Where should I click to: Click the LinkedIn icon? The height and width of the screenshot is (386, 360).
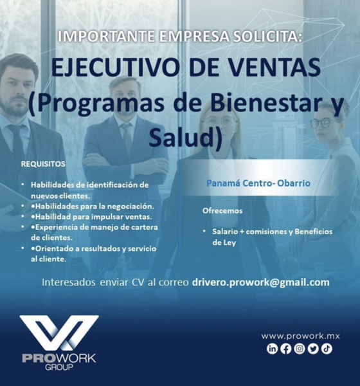pyautogui.click(x=272, y=349)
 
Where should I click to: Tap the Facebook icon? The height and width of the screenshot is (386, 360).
pyautogui.click(x=285, y=349)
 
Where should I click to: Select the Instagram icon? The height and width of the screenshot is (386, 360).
pyautogui.click(x=300, y=349)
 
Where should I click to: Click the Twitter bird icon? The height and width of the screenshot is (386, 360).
pyautogui.click(x=313, y=349)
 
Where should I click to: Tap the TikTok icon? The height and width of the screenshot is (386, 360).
pyautogui.click(x=327, y=349)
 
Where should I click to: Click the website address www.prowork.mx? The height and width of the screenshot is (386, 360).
pyautogui.click(x=300, y=336)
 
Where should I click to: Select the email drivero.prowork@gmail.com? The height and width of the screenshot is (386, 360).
pyautogui.click(x=260, y=282)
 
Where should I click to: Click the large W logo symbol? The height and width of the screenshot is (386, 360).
pyautogui.click(x=59, y=333)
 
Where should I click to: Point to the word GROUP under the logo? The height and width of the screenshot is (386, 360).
pyautogui.click(x=59, y=367)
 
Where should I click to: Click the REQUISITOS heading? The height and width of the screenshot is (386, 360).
pyautogui.click(x=43, y=164)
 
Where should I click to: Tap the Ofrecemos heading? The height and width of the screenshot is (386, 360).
pyautogui.click(x=222, y=211)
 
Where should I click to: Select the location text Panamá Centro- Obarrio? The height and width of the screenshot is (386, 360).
pyautogui.click(x=258, y=183)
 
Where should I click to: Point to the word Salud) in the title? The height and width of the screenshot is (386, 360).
pyautogui.click(x=186, y=137)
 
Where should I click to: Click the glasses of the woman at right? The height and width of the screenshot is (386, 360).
pyautogui.click(x=323, y=123)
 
